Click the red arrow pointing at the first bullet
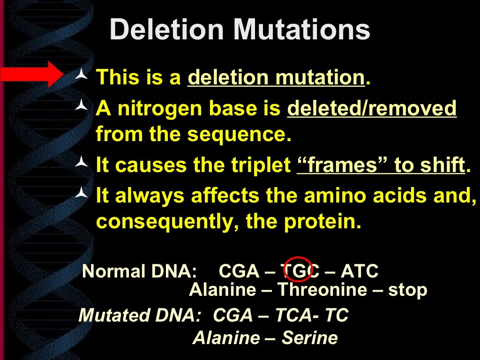point(31,74)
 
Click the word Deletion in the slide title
point(167,30)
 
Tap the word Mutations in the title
point(302,30)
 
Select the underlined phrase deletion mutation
point(276,77)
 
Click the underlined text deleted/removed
point(372,108)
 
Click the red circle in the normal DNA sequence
point(298,270)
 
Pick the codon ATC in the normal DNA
point(360,271)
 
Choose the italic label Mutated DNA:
point(139,315)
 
